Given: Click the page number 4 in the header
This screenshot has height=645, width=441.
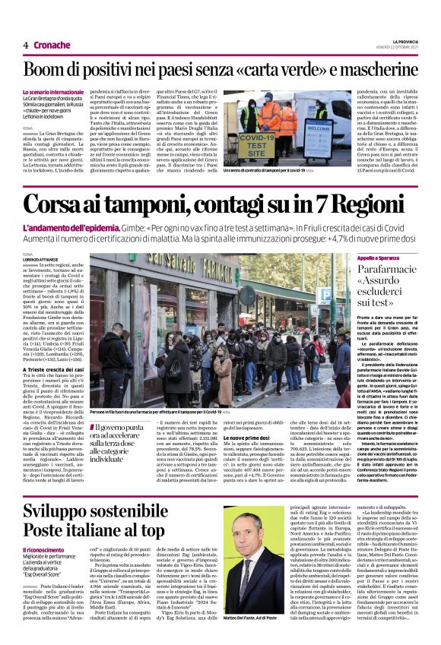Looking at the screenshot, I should pos(26,45).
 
